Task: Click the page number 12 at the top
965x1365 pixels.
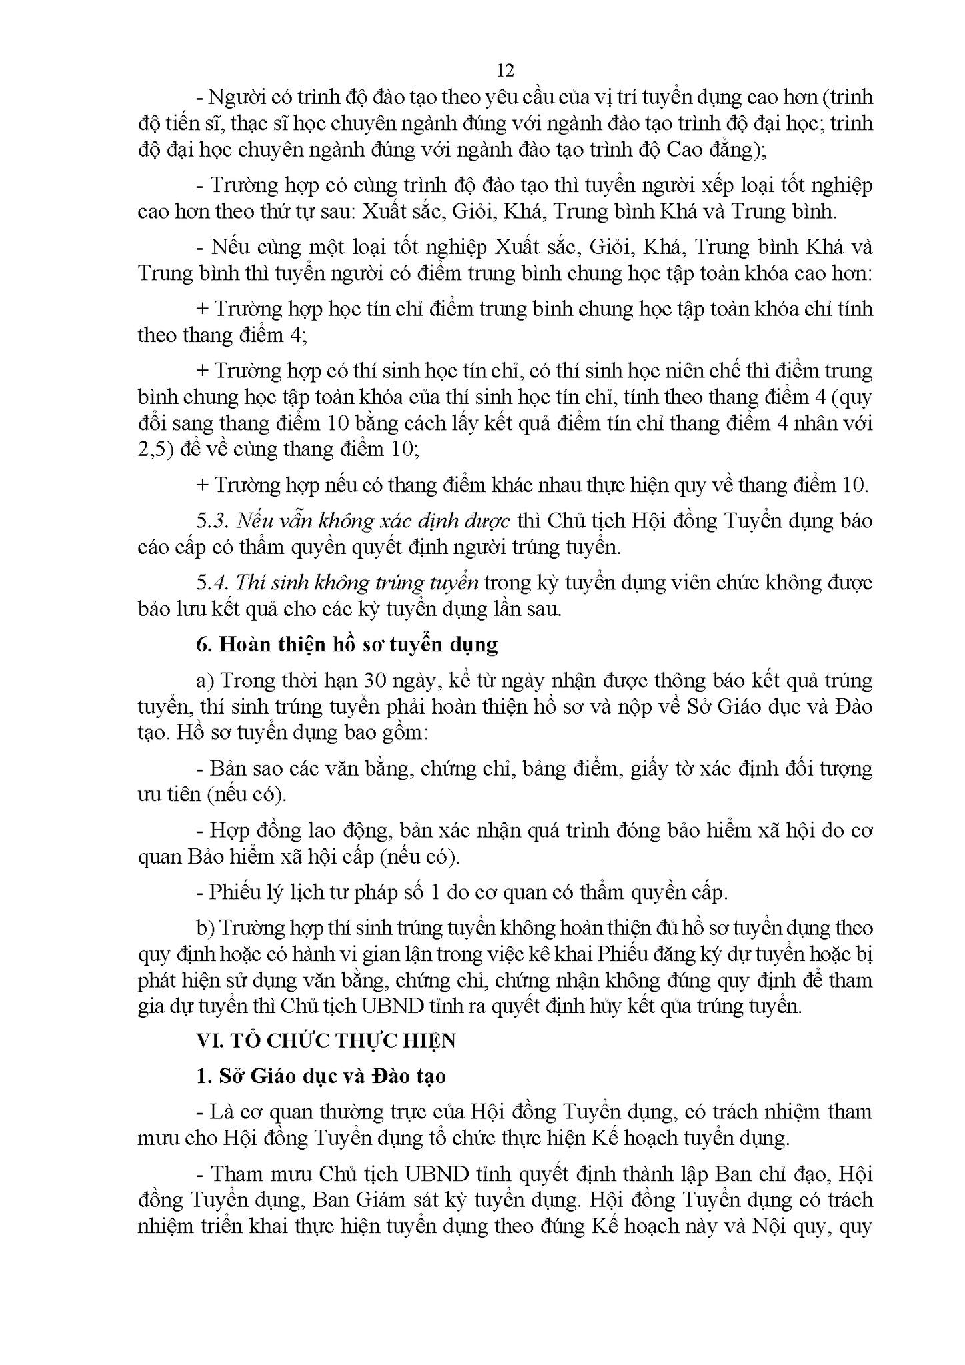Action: click(x=505, y=70)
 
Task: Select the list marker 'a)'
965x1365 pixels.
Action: click(x=205, y=681)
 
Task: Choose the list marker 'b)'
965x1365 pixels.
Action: click(x=205, y=928)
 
